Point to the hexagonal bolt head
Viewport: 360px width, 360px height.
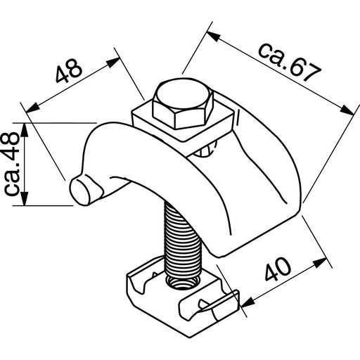point(181,105)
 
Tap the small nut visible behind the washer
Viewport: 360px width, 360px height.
point(206,150)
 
